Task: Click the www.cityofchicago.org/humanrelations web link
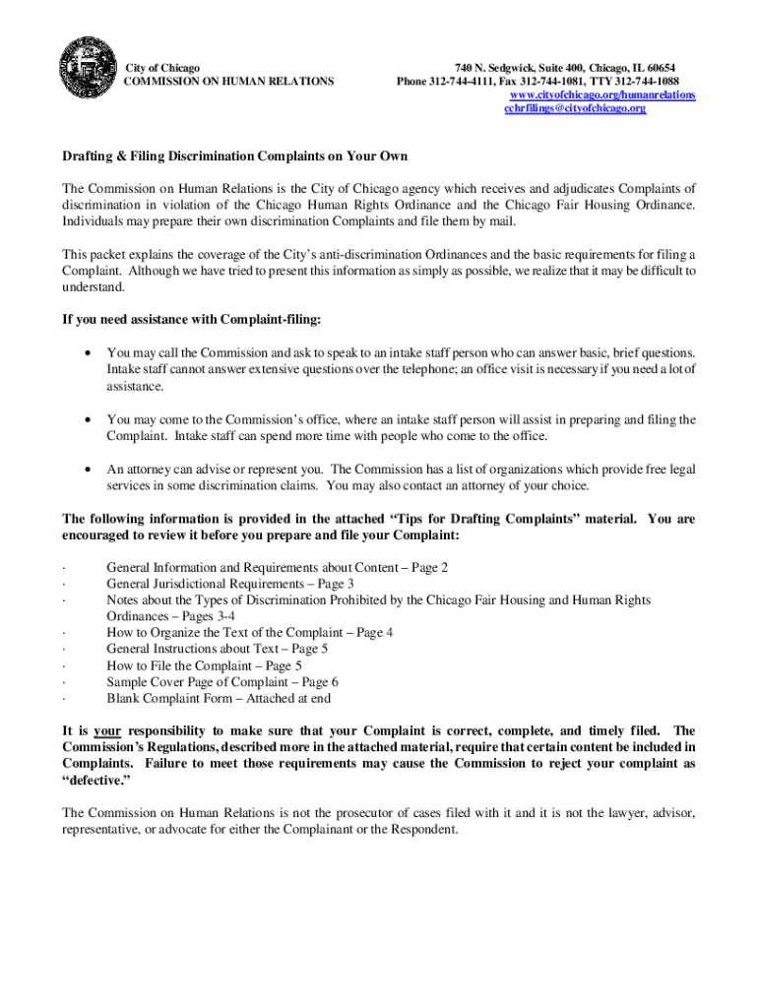pos(601,94)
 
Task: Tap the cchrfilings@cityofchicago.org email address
pos(575,108)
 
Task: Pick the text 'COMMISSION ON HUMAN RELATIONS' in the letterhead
pos(227,81)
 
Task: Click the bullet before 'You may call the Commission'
pos(90,352)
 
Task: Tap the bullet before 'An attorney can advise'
pos(90,470)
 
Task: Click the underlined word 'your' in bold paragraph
pos(106,730)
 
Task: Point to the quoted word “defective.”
pos(95,779)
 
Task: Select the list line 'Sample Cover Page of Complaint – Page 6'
pos(222,681)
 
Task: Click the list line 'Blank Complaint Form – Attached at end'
pos(219,698)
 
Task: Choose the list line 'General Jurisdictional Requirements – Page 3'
pos(230,584)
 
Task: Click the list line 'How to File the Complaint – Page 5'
pos(204,665)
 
